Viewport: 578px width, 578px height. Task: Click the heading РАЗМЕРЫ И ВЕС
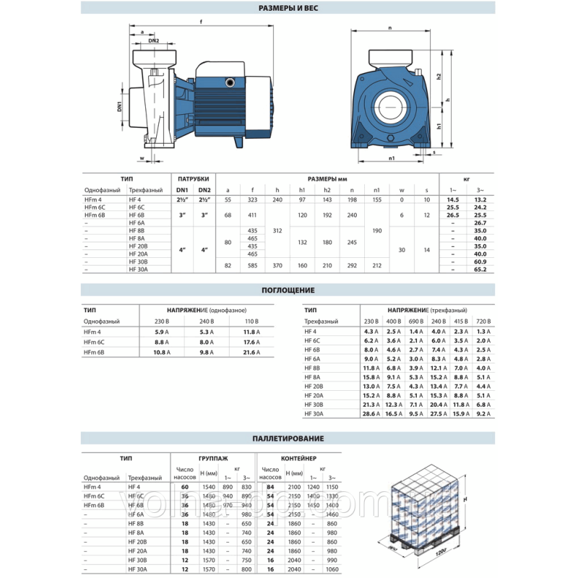coord(289,8)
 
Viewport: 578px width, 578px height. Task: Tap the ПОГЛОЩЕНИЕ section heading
coord(288,290)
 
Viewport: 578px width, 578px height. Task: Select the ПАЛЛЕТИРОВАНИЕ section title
coord(288,438)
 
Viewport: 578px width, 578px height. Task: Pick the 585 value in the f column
coord(253,265)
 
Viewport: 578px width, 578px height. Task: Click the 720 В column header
coord(483,320)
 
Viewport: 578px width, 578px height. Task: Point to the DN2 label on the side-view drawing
coord(154,41)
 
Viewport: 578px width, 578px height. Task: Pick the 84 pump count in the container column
coord(270,488)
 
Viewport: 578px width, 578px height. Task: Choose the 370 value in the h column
coord(277,265)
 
